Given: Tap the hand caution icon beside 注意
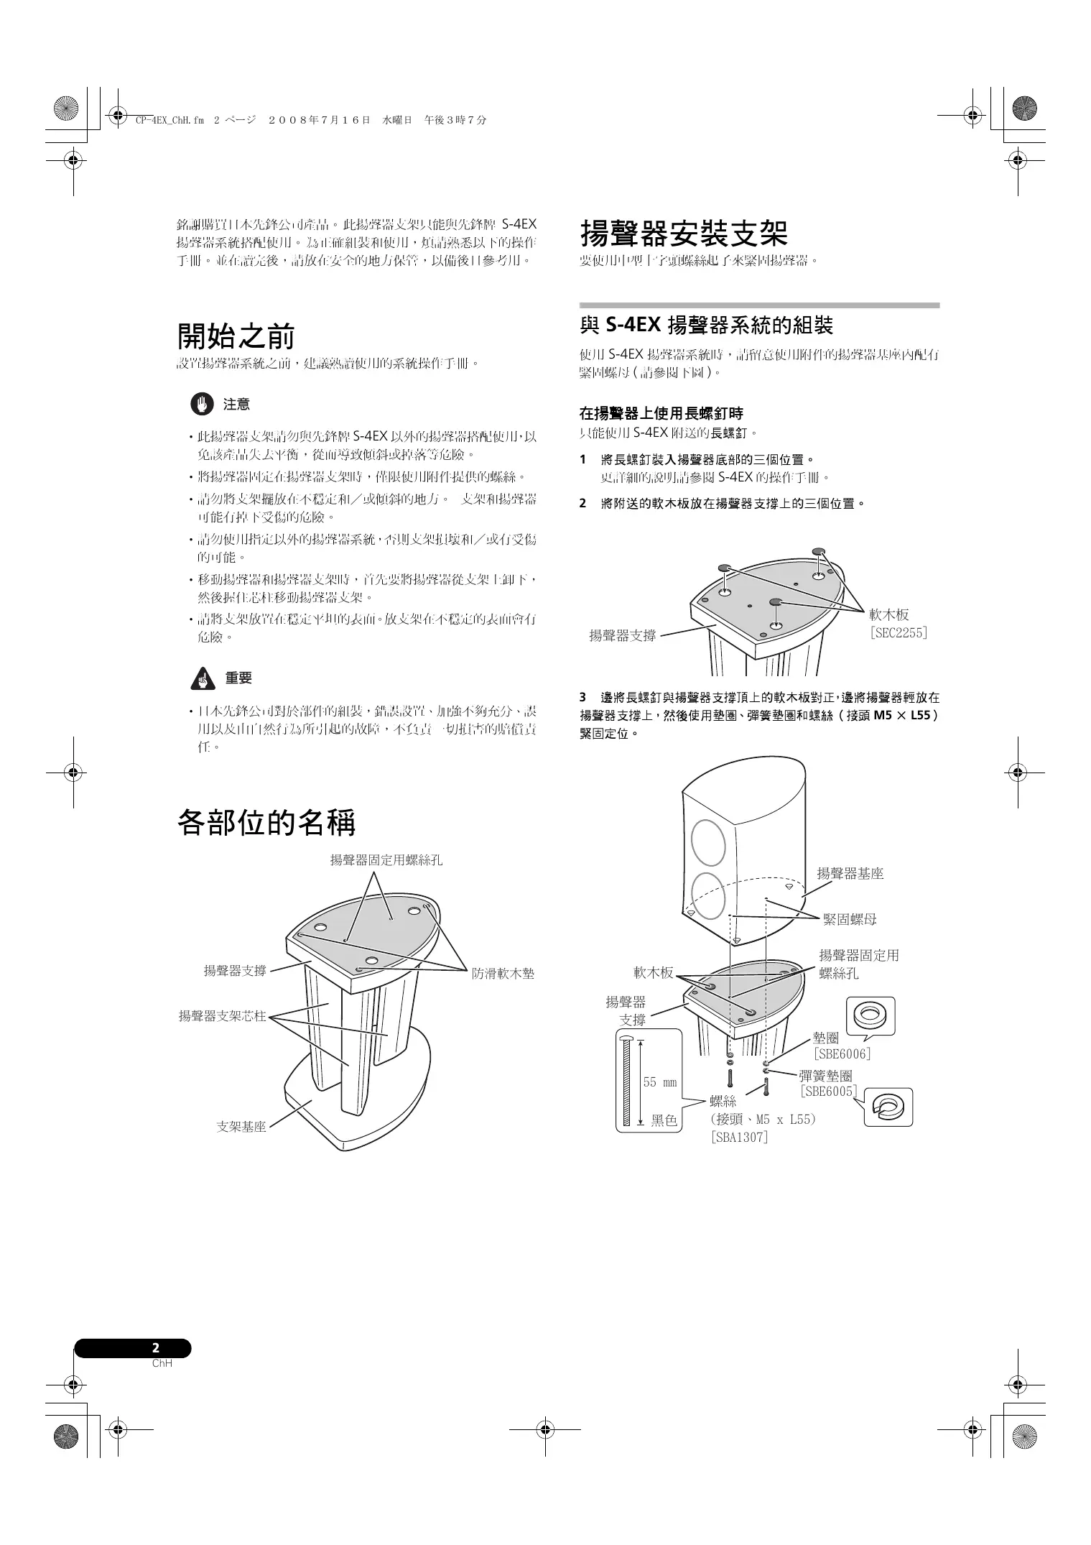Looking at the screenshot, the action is tap(202, 405).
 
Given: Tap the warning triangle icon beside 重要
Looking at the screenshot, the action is tap(203, 678).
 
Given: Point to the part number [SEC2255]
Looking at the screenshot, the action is tap(898, 633).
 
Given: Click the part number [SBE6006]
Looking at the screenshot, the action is tap(842, 1054).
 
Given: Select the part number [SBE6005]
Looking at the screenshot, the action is tap(829, 1092).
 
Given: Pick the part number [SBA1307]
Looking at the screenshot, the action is tap(738, 1138).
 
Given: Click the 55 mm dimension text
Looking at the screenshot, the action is tap(659, 1082).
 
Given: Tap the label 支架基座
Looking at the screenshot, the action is tap(241, 1127).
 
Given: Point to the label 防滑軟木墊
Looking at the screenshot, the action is tap(503, 974).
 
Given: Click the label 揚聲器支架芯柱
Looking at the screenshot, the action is tap(222, 1016).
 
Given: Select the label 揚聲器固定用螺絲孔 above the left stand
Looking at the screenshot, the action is tap(386, 859).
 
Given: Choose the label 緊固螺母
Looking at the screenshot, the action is tap(850, 919).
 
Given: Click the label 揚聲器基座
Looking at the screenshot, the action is tap(850, 874).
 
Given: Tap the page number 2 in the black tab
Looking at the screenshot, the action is tap(156, 1348).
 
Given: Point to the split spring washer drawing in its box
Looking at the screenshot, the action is tap(888, 1107).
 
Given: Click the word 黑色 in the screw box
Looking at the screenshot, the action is tap(664, 1120).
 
